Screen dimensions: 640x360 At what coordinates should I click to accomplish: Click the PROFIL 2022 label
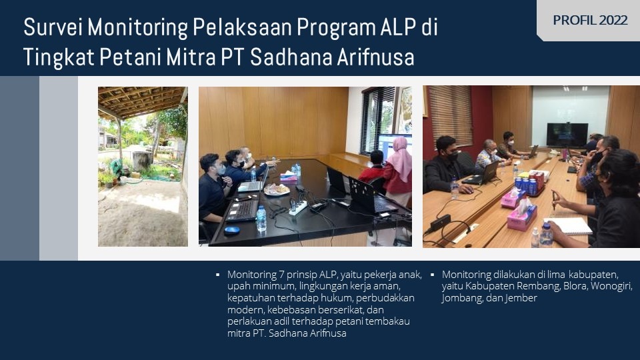(590, 20)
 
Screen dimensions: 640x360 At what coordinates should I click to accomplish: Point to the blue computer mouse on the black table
(232, 230)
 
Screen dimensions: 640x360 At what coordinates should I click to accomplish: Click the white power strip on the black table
(298, 207)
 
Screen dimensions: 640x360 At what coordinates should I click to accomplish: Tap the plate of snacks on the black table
(277, 189)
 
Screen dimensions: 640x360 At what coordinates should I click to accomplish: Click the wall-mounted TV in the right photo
(567, 135)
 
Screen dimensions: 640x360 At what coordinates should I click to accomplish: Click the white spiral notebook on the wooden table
(569, 226)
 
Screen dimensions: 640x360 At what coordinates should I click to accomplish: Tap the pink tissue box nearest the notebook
(522, 217)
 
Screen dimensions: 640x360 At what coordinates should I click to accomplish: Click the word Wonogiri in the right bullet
(611, 286)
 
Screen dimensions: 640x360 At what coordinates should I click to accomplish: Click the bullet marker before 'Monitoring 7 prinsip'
(218, 275)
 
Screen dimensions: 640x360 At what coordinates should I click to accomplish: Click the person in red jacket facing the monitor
(372, 169)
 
